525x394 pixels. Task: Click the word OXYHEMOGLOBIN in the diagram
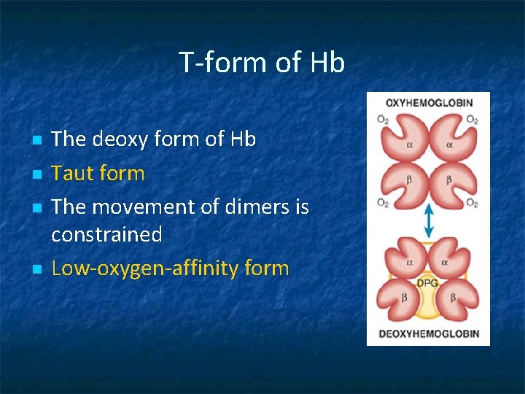point(429,103)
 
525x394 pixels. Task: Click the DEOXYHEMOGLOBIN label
point(429,334)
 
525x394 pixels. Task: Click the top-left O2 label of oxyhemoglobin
point(383,119)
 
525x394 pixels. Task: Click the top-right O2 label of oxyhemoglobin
point(472,119)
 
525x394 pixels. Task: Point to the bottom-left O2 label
point(383,203)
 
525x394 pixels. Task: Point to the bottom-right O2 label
point(472,203)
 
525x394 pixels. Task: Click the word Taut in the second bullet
point(73,174)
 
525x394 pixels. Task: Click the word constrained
point(106,235)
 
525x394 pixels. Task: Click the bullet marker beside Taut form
point(35,174)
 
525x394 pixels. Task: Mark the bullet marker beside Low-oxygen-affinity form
point(35,269)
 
